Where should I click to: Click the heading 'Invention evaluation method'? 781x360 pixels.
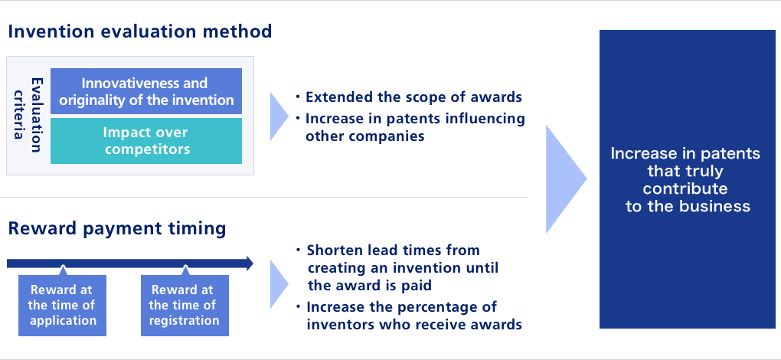coord(140,31)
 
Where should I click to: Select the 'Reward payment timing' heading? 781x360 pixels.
coord(117,228)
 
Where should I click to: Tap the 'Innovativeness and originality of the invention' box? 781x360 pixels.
coord(146,91)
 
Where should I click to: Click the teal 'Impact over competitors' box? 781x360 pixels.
coord(146,141)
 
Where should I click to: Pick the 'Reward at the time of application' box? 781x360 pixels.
coord(62,305)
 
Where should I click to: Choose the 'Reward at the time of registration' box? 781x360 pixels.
coord(185,305)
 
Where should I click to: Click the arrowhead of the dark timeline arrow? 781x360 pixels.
coord(249,263)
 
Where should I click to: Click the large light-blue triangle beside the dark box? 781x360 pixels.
coord(567,179)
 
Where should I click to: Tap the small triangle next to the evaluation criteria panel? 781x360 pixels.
coord(279,116)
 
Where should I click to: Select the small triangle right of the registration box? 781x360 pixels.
coord(279,284)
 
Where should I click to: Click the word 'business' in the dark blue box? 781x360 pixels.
coord(718,206)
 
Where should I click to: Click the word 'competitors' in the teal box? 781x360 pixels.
coord(148,149)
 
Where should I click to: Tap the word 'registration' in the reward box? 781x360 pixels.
coord(185,320)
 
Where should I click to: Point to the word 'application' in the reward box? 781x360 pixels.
coord(63,320)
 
